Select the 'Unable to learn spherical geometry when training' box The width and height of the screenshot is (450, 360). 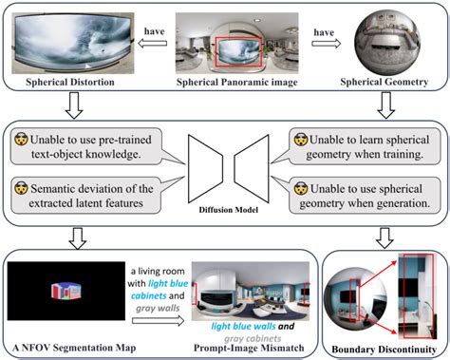click(366, 146)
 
